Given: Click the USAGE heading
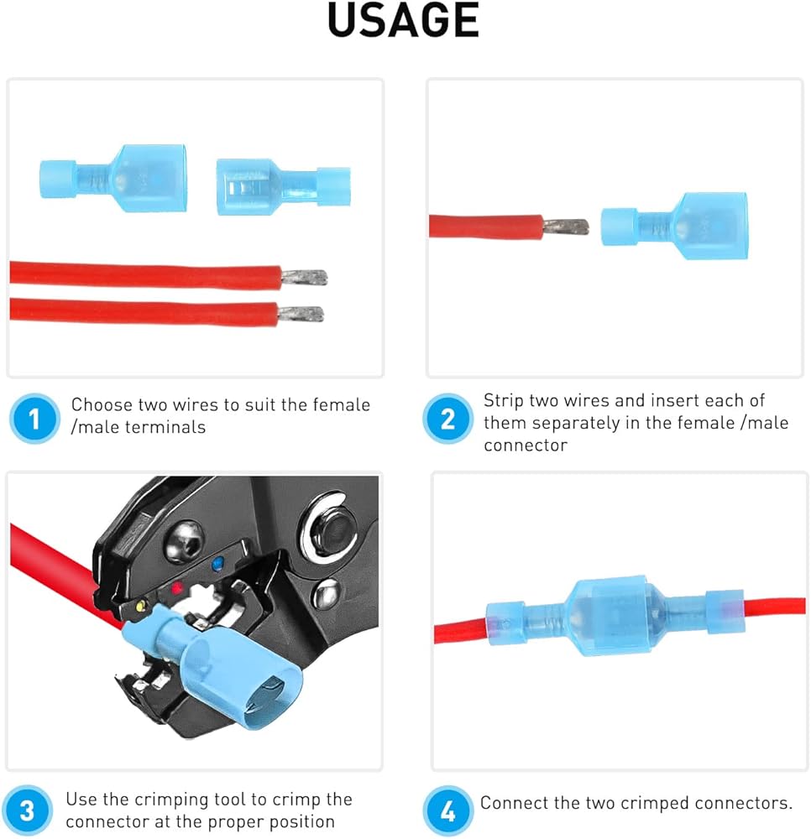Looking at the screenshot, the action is coord(403,20).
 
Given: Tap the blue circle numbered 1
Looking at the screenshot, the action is coord(34,418).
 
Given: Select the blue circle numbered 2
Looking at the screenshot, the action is coord(447,418).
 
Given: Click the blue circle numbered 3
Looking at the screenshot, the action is coord(28,810).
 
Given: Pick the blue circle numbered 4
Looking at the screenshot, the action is coord(447,810).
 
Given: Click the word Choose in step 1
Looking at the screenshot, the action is coord(98,405).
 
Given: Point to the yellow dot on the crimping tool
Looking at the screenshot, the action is coord(144,605).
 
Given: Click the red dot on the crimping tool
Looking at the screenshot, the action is coord(177,589).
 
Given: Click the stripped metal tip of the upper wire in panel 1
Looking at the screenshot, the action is coord(304,277).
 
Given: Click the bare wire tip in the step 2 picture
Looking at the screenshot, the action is coord(565,226).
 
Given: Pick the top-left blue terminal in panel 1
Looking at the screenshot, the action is coord(112,176).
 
